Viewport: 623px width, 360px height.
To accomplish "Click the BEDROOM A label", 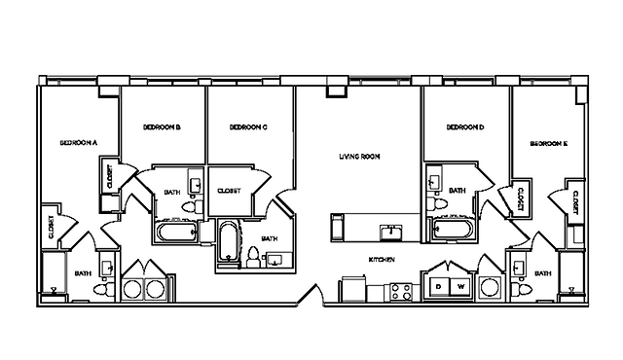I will click(x=79, y=142).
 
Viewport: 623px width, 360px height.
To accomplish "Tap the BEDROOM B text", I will click(x=162, y=126).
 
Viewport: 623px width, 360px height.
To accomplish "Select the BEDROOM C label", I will click(x=249, y=126).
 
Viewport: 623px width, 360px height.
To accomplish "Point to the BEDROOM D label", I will click(x=465, y=126).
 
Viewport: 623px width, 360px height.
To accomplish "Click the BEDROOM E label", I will click(x=549, y=142).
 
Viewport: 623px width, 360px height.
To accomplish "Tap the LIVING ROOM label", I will click(x=359, y=156).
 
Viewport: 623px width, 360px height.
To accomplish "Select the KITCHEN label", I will click(x=382, y=261).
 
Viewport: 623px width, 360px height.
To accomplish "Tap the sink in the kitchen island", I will click(x=390, y=231).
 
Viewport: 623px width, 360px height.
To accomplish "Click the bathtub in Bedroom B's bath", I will click(x=174, y=233).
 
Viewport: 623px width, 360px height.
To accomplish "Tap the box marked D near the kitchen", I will click(x=439, y=286).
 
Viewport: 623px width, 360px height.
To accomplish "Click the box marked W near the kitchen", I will click(x=460, y=286).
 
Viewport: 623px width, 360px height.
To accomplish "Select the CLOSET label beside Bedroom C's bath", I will click(x=230, y=191).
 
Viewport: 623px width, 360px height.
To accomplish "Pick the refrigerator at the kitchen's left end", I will click(x=348, y=290).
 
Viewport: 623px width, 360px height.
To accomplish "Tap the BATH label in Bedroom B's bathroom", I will click(x=172, y=192).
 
